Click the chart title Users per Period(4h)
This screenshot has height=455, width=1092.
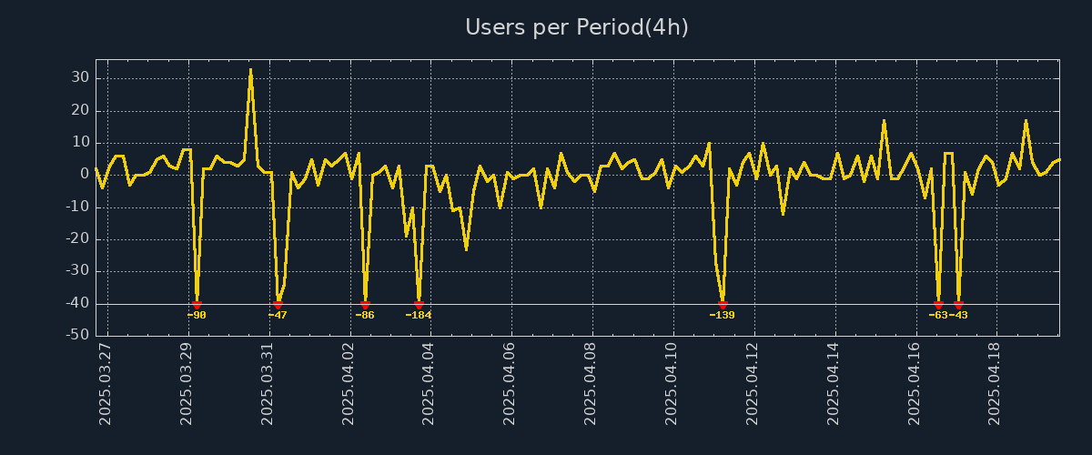(x=577, y=27)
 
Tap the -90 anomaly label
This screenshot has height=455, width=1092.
(x=197, y=315)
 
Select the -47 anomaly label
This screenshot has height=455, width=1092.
(x=278, y=315)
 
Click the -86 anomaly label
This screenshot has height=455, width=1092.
(x=365, y=315)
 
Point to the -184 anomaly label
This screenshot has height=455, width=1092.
(x=419, y=315)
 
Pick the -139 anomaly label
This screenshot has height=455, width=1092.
(x=722, y=315)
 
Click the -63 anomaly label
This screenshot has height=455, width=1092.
(x=938, y=315)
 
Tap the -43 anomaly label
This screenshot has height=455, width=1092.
(x=958, y=315)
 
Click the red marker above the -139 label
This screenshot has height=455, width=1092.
(x=723, y=304)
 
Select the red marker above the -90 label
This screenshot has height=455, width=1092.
(x=197, y=304)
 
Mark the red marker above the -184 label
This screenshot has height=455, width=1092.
(x=419, y=304)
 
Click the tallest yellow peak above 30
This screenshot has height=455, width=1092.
(x=250, y=70)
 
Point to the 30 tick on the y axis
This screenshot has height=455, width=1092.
(x=79, y=78)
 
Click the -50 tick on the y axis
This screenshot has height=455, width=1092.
(x=76, y=335)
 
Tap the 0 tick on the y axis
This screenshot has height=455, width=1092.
(x=83, y=175)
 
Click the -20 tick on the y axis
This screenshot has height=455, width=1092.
(x=76, y=239)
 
